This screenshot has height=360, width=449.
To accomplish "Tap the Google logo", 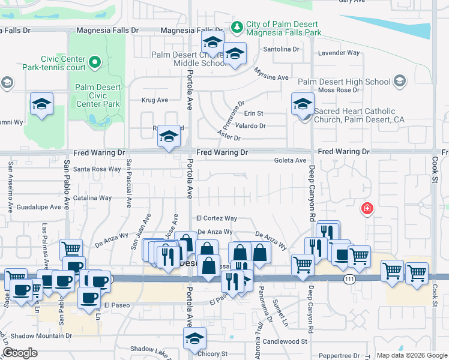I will point(20,353).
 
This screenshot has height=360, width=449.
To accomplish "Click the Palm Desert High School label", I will point(344,82).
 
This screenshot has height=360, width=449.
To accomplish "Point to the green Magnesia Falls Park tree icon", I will point(237,26).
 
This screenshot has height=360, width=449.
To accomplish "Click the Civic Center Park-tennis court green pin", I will point(95,61).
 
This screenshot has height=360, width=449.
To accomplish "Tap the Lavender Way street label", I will point(339,53).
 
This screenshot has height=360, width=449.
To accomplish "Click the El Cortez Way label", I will point(216,218).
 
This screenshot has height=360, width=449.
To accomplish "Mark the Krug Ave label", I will point(154,100).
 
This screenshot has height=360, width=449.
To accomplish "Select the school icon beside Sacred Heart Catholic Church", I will point(303,104).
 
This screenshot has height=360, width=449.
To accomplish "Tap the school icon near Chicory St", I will point(194,339).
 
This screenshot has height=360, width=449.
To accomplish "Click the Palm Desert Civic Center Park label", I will point(98,95).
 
